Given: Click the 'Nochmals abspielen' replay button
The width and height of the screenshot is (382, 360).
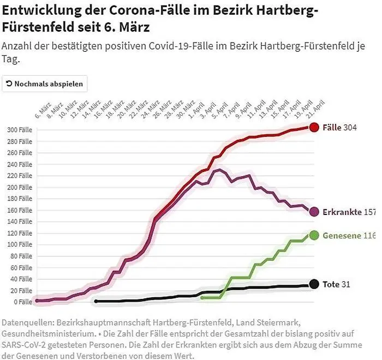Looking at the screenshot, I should point(45,84).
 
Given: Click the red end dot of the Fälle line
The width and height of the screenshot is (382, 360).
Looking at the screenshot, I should point(314,127).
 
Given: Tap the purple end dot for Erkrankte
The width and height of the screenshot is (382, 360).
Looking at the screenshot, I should point(314,212).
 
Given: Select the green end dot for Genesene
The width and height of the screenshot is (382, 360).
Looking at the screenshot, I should point(314,235).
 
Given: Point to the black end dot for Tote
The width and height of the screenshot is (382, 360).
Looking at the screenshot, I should point(314,284).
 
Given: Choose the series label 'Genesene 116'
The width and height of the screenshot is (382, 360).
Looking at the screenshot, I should point(349,235).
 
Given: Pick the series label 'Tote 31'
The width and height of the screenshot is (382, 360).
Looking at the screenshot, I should point(336,284).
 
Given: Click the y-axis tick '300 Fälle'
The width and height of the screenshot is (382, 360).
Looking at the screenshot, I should point(20,130).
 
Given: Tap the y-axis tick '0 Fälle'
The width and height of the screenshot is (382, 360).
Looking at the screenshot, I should point(23,302).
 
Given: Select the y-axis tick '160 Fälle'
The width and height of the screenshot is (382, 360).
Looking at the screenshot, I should point(20,210).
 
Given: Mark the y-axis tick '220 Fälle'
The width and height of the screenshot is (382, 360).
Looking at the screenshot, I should point(20,176).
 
